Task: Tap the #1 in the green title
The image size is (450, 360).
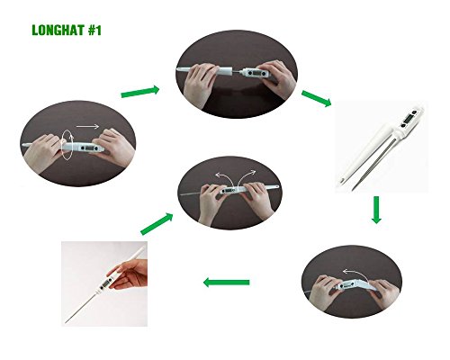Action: coord(94,31)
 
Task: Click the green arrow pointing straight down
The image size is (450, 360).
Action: coord(376,210)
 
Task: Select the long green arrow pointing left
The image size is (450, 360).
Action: coord(226,283)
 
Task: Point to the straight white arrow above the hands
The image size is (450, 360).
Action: coord(87,126)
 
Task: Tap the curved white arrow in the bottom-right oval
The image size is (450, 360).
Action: coord(354,274)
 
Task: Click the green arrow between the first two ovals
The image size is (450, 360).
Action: coord(140,92)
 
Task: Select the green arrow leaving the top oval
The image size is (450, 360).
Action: coord(317,98)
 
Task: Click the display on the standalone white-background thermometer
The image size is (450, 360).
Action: coord(408,118)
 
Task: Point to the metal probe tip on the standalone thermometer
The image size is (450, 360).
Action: coord(353,189)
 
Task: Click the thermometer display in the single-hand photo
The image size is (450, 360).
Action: coord(105,283)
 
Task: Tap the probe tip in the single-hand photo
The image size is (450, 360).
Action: coord(66,323)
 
